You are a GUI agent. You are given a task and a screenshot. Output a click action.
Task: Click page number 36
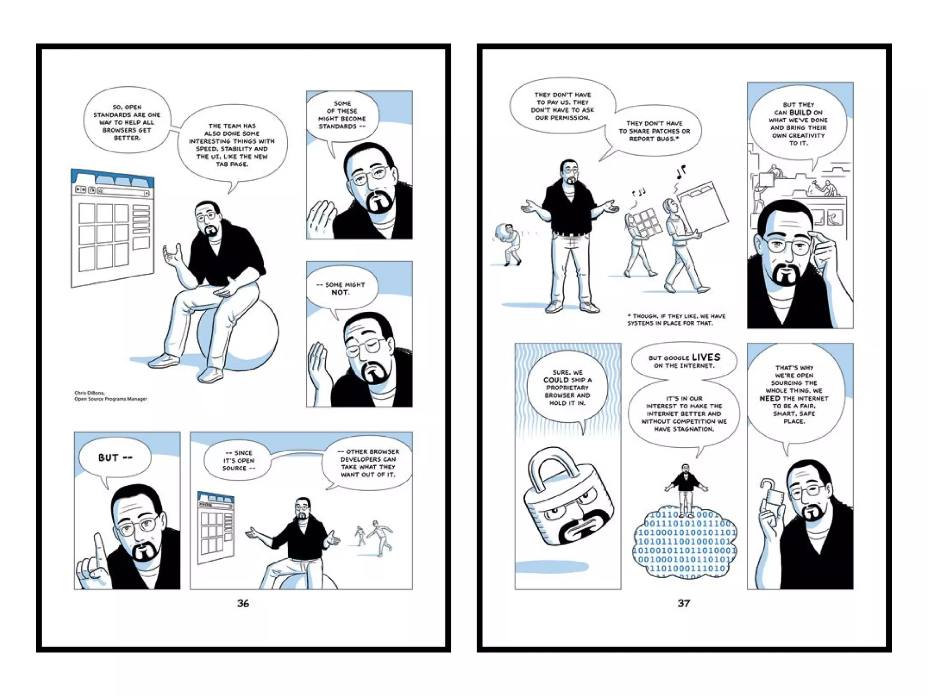(x=243, y=603)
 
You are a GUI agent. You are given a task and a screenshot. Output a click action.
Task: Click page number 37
(x=683, y=603)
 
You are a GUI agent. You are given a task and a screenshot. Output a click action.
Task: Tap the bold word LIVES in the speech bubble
(x=706, y=358)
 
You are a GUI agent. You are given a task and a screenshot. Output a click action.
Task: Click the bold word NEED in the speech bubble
(x=769, y=398)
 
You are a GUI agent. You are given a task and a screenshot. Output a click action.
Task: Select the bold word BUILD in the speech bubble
(x=800, y=112)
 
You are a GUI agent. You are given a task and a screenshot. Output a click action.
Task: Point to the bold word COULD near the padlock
(x=556, y=380)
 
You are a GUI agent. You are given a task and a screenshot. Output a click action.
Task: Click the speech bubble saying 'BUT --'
(x=115, y=458)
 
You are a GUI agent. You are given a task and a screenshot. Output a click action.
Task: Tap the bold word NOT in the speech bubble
(x=340, y=293)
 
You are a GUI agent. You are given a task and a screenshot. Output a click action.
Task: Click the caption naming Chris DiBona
(x=111, y=396)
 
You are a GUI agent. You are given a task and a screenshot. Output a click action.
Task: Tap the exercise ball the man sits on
(x=245, y=335)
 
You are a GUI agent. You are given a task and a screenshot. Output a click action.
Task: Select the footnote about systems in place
(x=676, y=319)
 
